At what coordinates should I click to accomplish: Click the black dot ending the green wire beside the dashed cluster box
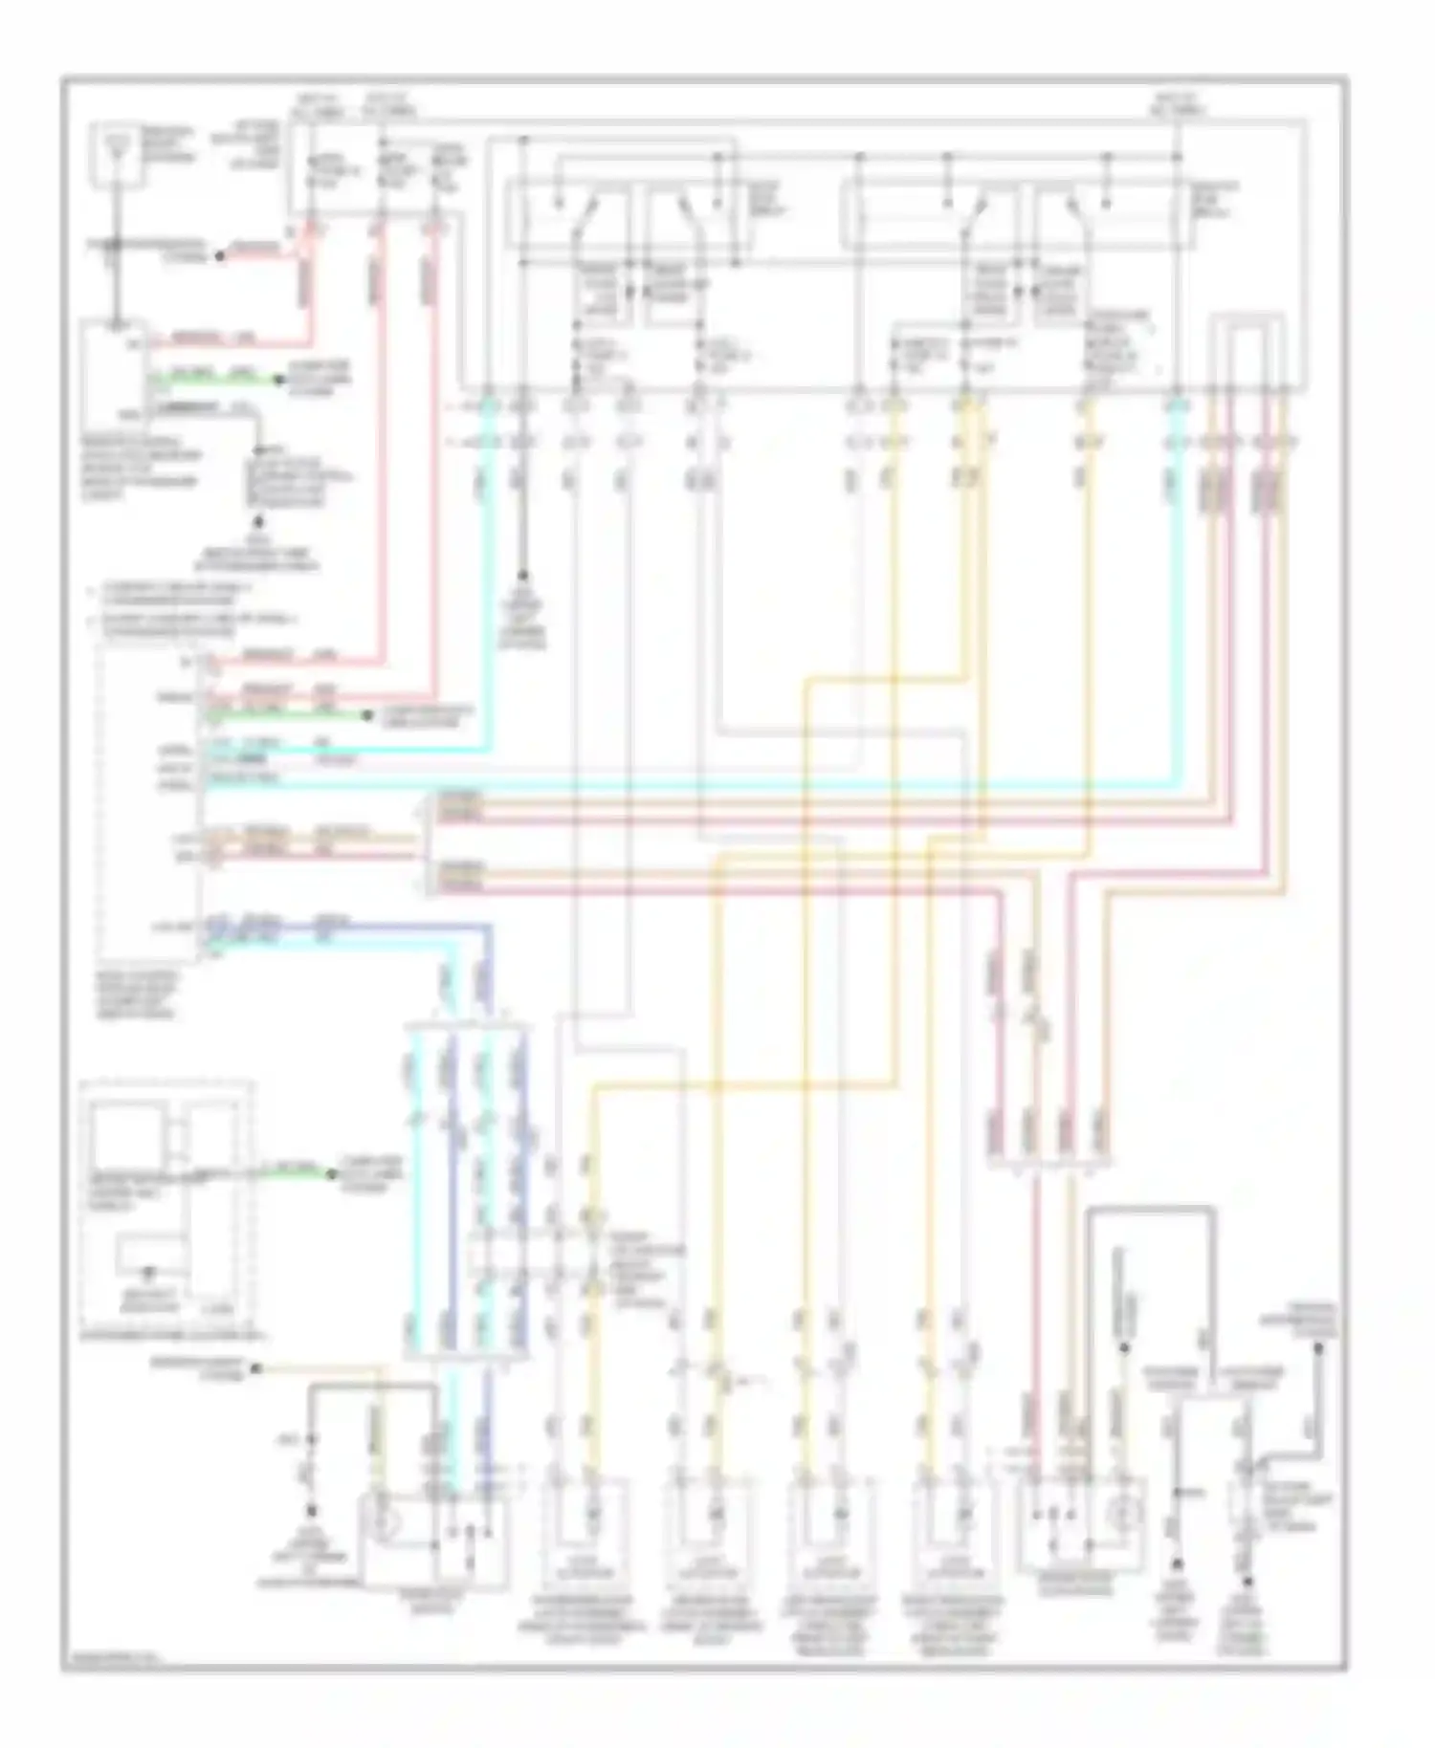[x=332, y=1174]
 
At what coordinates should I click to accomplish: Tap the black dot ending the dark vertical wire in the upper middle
[x=522, y=577]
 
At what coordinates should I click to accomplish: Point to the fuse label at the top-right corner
[x=1177, y=103]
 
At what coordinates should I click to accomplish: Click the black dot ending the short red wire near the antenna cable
[x=219, y=255]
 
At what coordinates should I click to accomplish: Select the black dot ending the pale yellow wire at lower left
[x=256, y=1368]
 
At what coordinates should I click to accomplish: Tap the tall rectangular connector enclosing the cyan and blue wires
[x=466, y=1191]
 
